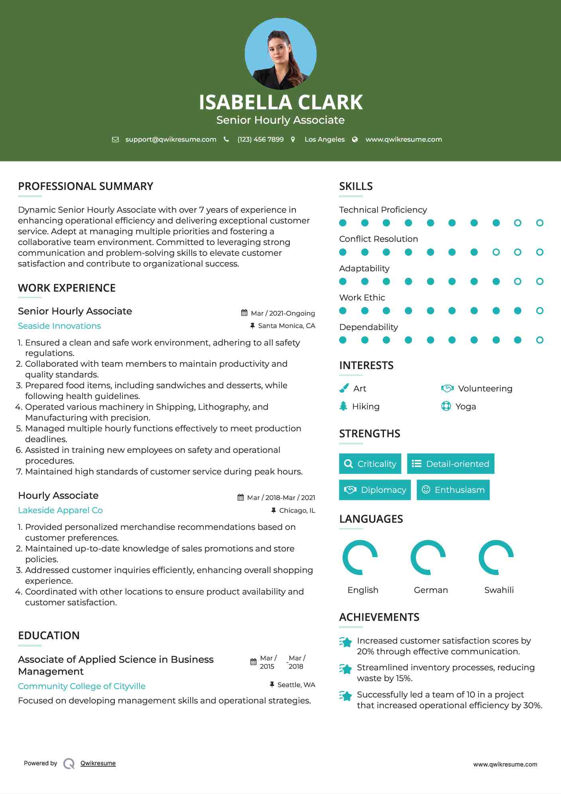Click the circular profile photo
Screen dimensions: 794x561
280,53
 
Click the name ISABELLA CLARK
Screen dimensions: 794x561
280,102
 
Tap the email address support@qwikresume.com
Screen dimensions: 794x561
171,139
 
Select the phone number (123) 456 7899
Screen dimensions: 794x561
260,139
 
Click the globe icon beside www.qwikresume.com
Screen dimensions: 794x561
355,139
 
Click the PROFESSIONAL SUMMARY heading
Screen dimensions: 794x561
86,186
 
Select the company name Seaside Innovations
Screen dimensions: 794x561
59,326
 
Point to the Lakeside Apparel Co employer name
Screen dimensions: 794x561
60,510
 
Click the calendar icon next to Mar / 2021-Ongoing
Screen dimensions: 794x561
244,313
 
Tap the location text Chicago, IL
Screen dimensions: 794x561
297,510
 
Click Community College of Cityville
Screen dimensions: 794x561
82,686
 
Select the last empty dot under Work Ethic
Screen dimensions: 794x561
539,311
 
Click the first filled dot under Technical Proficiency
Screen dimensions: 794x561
343,223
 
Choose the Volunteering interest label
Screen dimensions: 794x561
485,389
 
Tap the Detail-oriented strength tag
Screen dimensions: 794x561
451,464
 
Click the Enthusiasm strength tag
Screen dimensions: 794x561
453,490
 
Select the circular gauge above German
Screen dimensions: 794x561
428,557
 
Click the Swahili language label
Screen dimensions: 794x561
499,590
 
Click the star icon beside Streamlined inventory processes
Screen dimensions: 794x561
346,669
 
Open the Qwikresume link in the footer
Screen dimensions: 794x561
98,763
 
